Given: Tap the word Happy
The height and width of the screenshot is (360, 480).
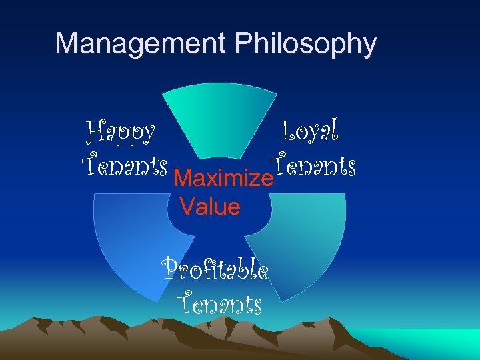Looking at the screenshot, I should coord(121,133).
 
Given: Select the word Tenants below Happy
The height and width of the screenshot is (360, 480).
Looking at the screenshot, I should coord(123,164).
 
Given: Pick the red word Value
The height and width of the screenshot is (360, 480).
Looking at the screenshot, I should coord(210,207).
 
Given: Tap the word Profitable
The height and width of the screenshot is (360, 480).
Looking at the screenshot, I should coord(216,271).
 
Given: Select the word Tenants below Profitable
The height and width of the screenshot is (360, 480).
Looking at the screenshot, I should coord(219,305).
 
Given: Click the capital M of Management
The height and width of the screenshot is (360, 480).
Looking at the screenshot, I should coord(67,43).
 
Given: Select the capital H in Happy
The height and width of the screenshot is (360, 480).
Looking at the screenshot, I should coord(96,131).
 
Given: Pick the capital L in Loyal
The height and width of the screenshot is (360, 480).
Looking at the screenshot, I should coord(290,130).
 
